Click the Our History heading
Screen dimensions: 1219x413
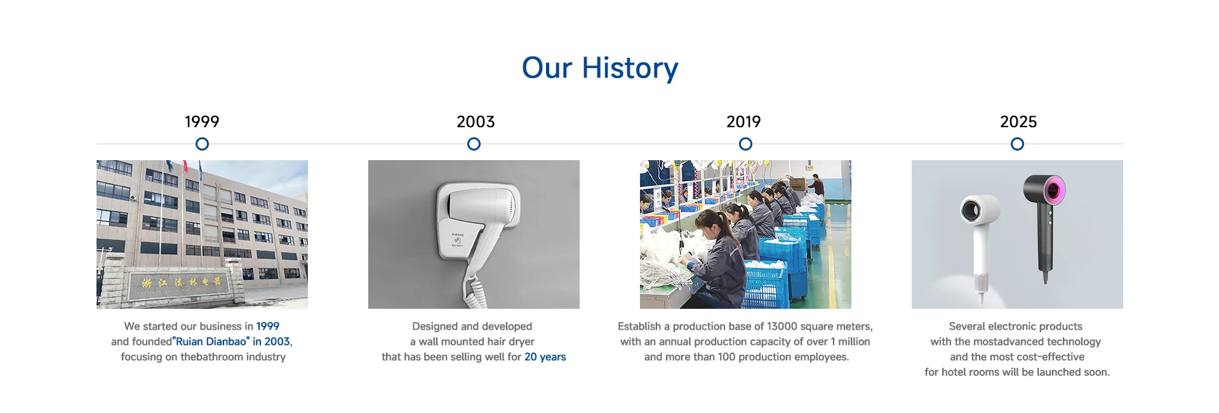(600, 68)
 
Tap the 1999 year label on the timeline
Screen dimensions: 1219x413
(202, 121)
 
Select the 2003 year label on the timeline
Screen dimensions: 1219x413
(476, 121)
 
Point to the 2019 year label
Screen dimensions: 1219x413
(743, 121)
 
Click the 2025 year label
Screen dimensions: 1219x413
(1018, 121)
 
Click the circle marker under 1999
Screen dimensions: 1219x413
(202, 138)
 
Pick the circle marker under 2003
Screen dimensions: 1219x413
(474, 138)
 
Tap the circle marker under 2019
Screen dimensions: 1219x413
(745, 138)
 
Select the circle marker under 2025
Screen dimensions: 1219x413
(1017, 138)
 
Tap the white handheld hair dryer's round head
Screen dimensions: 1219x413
(978, 209)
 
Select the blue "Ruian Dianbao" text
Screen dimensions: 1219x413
(211, 342)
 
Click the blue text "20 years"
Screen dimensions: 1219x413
(545, 357)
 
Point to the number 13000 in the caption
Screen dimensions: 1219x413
(782, 327)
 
